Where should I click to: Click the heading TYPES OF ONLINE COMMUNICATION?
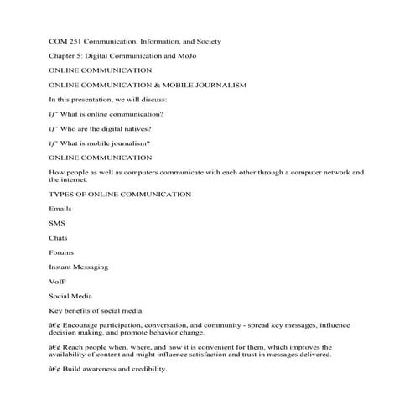point(121,194)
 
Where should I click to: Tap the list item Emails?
point(60,208)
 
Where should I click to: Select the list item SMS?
point(57,222)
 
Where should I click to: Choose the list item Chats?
point(59,237)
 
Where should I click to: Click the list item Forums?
point(61,252)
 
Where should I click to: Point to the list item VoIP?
point(57,281)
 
